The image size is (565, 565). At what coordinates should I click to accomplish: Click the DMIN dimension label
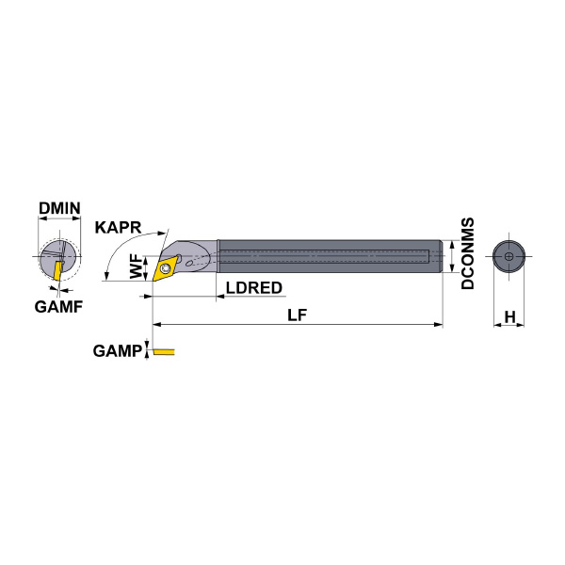tap(59, 208)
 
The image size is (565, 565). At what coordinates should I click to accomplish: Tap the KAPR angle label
tap(119, 227)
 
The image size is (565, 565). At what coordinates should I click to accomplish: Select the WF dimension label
tap(137, 266)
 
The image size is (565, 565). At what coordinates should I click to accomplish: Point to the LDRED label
tap(254, 287)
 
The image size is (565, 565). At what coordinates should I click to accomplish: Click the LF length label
tap(298, 315)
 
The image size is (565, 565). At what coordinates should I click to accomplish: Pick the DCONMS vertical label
tap(468, 253)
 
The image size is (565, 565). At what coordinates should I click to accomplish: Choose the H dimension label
tap(509, 317)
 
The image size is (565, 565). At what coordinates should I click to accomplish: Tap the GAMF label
tap(58, 307)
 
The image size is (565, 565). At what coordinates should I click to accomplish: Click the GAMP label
tap(118, 350)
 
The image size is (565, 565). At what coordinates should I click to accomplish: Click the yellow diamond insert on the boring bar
tap(166, 267)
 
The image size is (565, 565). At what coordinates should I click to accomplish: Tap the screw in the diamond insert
tap(166, 268)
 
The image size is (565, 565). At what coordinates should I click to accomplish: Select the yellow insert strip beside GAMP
tap(164, 351)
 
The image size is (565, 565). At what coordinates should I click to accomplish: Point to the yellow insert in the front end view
tap(57, 271)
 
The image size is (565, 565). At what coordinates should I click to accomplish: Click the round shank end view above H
tap(508, 256)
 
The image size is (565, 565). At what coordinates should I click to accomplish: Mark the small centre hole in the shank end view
tap(508, 256)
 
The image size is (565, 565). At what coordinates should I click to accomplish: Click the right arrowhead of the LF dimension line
tap(439, 325)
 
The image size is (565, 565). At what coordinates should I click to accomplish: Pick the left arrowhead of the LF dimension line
tap(157, 325)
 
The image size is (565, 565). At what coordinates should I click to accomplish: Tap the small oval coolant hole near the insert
tap(189, 263)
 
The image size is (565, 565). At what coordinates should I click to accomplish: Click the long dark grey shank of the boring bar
tap(330, 256)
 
